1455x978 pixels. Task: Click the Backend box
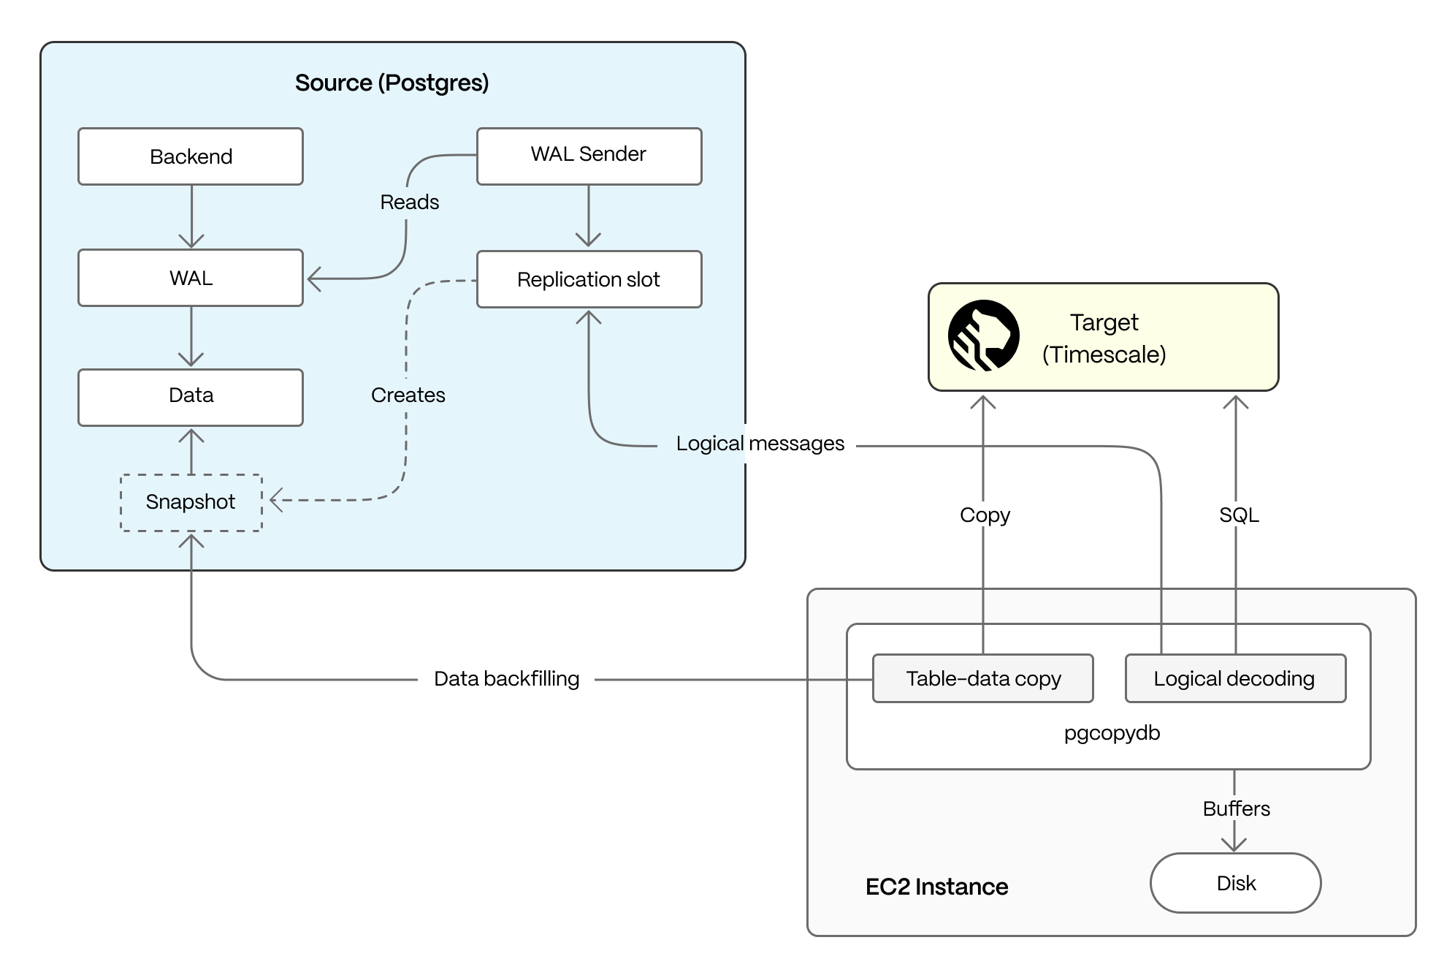coord(191,156)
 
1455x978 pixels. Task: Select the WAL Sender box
coord(589,156)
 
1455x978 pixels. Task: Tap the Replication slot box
coord(589,279)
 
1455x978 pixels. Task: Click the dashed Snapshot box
coord(191,502)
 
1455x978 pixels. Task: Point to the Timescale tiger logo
coord(983,336)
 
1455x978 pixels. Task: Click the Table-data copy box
coord(982,678)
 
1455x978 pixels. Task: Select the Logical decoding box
coord(1234,678)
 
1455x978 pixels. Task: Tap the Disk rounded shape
coord(1235,883)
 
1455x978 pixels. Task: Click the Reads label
coord(409,202)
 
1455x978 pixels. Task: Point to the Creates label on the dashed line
coord(408,395)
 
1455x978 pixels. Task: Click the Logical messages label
coord(760,444)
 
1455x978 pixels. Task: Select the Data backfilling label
coord(506,679)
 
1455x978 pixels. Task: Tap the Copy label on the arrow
coord(985,515)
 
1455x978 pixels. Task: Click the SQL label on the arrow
coord(1238,515)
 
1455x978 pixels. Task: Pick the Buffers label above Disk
coord(1236,808)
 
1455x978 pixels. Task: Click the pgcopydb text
coord(1112,733)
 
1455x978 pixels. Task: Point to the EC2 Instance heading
coord(936,887)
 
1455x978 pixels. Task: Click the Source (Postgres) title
coord(392,83)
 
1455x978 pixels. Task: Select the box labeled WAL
coord(191,278)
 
